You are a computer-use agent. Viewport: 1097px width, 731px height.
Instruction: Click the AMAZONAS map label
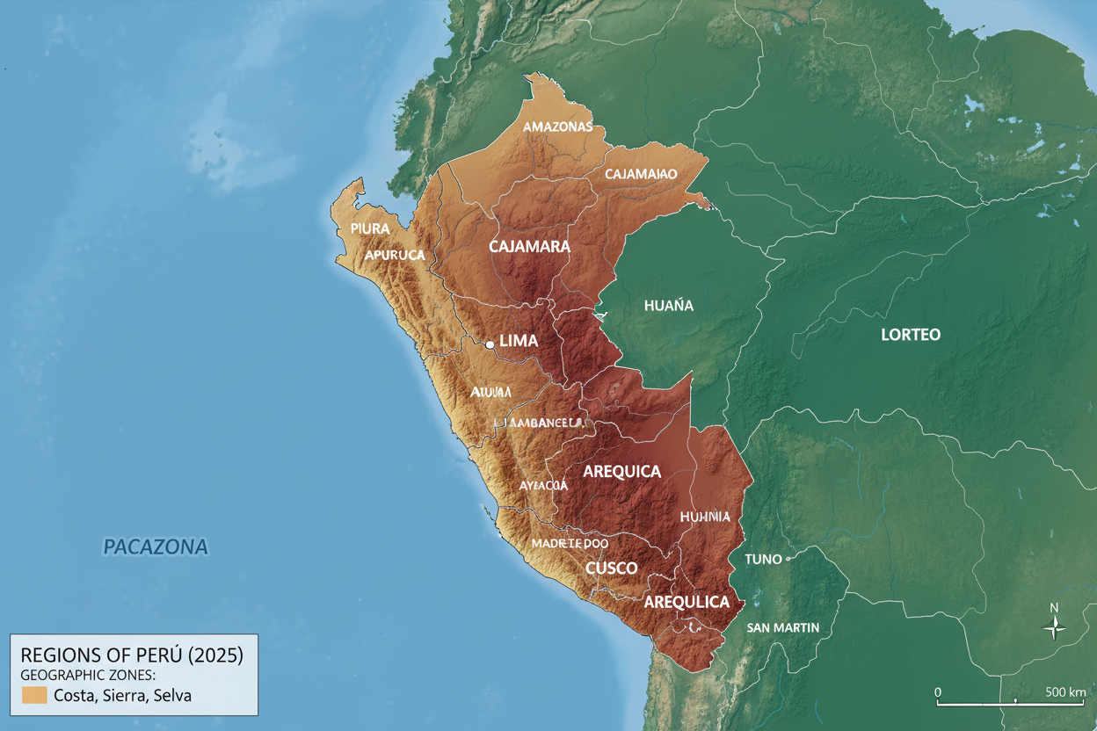click(557, 127)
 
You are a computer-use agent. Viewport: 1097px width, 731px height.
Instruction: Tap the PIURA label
click(369, 228)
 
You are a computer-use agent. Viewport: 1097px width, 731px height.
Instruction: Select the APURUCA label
click(395, 255)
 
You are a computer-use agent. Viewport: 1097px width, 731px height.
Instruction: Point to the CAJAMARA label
click(529, 247)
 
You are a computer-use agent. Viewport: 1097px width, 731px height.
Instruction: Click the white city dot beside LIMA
click(490, 345)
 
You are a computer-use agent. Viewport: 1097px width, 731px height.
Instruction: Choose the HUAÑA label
click(668, 306)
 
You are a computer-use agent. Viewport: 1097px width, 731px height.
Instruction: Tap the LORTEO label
click(911, 335)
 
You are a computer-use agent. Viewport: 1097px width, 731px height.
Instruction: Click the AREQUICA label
click(621, 472)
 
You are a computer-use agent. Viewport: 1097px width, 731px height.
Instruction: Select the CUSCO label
click(611, 568)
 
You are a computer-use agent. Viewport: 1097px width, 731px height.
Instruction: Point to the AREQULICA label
click(687, 602)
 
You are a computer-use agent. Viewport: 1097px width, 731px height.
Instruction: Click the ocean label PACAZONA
click(156, 547)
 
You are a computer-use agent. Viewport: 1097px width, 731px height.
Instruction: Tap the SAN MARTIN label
click(782, 627)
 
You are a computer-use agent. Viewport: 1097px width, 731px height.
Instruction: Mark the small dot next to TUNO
click(788, 558)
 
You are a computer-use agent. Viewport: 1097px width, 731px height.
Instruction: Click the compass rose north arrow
click(1055, 625)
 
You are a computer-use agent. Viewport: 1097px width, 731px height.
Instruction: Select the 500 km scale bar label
click(1066, 691)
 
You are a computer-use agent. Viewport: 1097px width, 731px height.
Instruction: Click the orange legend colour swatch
click(33, 695)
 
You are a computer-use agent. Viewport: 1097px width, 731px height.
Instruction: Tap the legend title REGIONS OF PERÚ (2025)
click(131, 655)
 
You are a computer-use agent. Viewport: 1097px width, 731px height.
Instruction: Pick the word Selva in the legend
click(171, 696)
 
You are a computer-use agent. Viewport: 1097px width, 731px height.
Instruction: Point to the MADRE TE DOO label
click(570, 544)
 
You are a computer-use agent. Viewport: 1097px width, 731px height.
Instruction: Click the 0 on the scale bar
click(938, 691)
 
